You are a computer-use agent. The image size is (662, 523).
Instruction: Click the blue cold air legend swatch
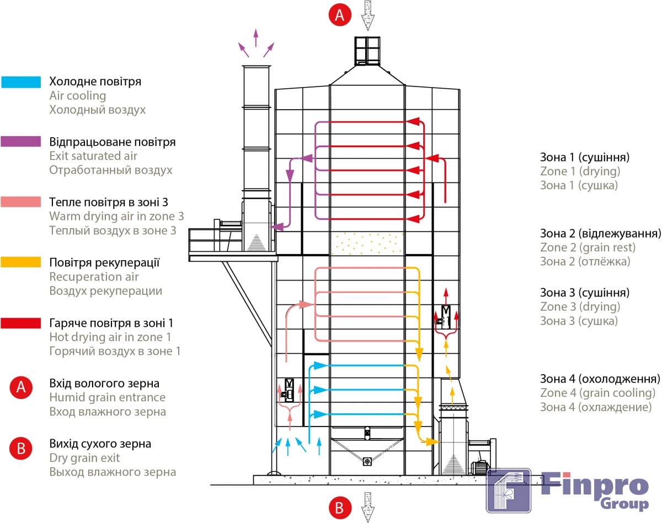tap(21, 82)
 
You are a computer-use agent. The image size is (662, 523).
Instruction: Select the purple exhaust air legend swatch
tap(21, 142)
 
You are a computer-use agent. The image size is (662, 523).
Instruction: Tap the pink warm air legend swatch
tap(21, 202)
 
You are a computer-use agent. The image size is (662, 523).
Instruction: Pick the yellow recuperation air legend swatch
tap(21, 262)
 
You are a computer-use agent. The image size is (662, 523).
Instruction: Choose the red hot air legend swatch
tap(21, 322)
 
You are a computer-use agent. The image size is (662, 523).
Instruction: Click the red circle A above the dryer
tap(340, 14)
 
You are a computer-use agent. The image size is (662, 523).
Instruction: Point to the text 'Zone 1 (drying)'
tap(580, 171)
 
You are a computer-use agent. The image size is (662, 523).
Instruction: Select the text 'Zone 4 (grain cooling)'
tap(597, 393)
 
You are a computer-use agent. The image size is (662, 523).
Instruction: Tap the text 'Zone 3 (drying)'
tap(580, 306)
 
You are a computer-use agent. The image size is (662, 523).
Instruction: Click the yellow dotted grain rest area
tap(367, 243)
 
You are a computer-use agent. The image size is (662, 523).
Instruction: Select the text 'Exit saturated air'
tap(93, 156)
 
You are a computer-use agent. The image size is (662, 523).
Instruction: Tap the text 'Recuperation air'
tap(94, 277)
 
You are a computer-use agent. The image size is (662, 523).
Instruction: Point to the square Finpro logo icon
tap(508, 490)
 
